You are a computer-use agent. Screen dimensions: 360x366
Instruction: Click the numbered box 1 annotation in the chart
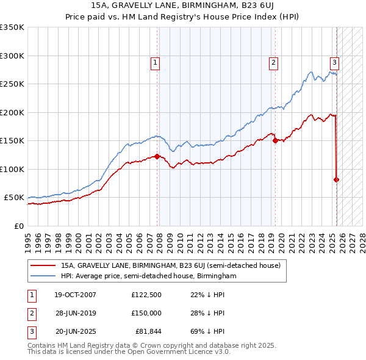tap(156, 62)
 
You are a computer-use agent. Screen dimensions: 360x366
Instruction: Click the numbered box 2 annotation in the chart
tap(274, 62)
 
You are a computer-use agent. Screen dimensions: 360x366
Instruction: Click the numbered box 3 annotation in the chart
tap(335, 62)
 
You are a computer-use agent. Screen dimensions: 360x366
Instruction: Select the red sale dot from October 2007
tap(157, 156)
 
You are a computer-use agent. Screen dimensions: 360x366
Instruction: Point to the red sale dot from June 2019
tap(276, 140)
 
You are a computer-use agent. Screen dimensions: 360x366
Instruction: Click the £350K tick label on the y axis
tap(12, 27)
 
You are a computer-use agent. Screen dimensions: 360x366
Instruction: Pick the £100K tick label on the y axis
tap(12, 169)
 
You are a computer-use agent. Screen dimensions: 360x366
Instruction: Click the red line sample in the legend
tap(43, 266)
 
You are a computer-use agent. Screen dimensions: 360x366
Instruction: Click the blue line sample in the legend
tap(43, 276)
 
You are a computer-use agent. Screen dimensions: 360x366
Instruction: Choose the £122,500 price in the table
tap(146, 295)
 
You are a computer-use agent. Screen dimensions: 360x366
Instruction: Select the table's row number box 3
tap(30, 331)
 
